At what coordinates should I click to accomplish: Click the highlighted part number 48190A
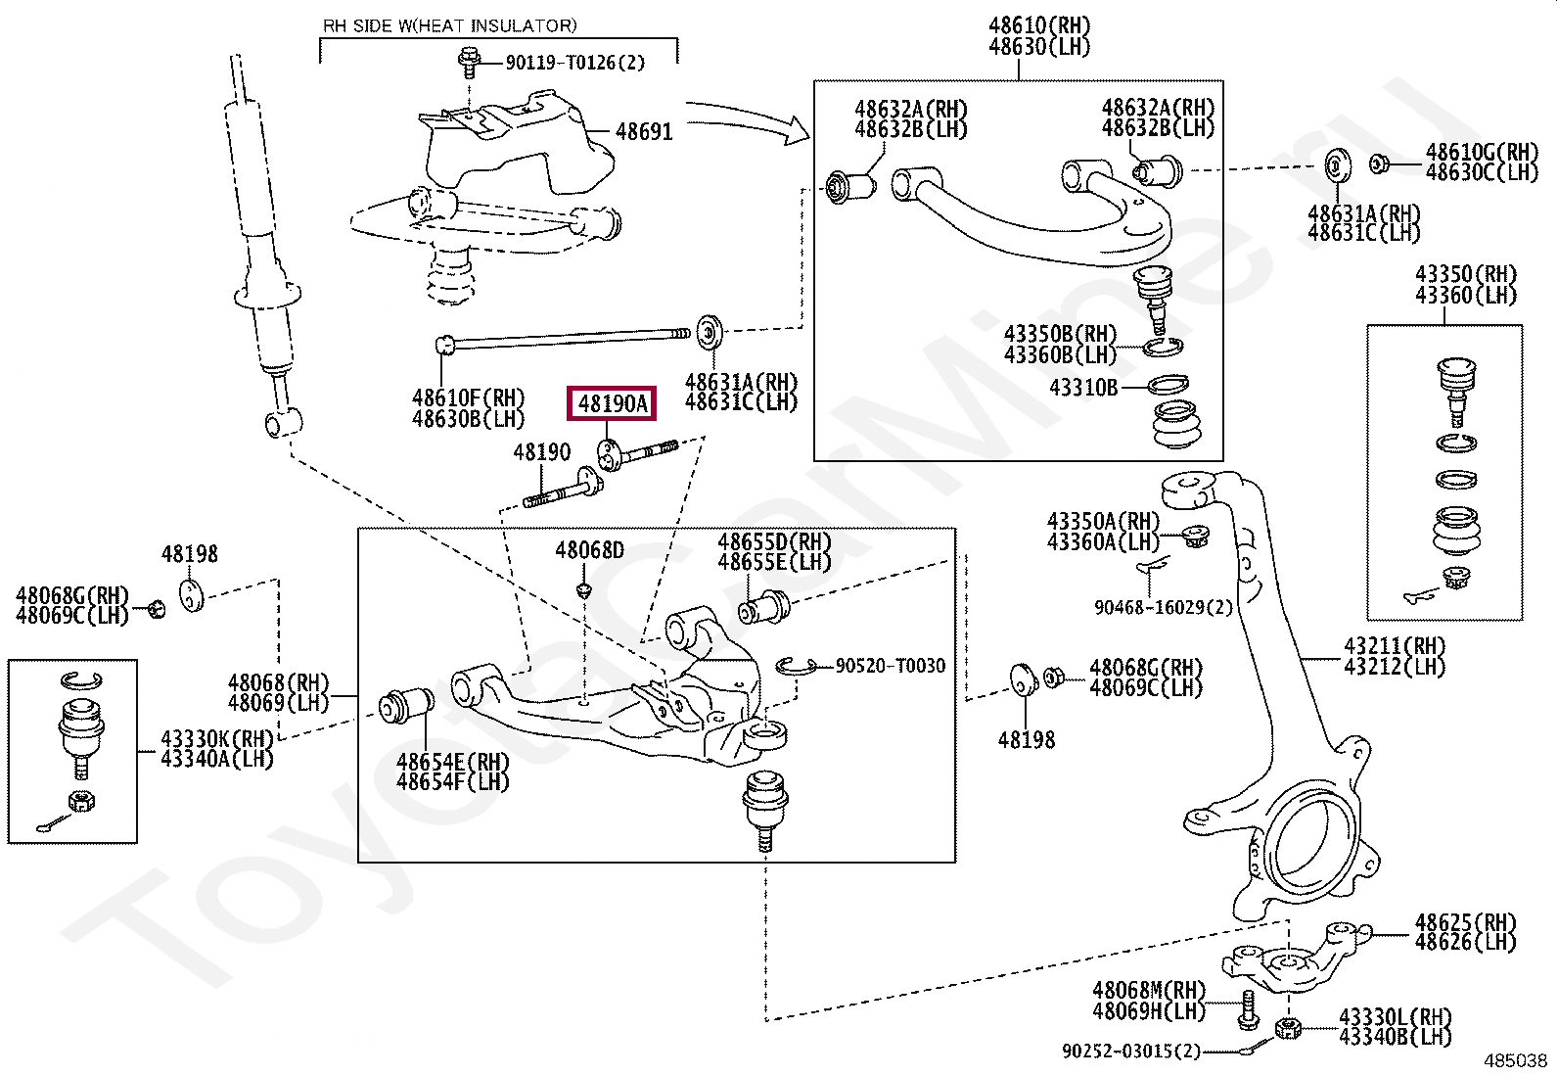pos(612,403)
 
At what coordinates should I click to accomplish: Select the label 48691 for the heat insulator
pos(644,131)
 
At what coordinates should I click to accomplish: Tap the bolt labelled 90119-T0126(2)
pos(470,63)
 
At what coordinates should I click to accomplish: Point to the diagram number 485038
pos(1516,1060)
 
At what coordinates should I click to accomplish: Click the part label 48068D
pos(590,550)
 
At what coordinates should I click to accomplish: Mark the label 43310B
pos(1083,387)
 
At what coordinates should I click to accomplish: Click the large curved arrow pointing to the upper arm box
pos(748,119)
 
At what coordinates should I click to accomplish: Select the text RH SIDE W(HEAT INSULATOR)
pos(450,26)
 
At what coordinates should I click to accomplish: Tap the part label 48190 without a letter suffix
pos(542,452)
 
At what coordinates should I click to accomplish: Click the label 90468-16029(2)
pos(1164,608)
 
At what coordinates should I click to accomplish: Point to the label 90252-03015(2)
pos(1131,1051)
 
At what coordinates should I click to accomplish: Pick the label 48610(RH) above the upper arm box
pos(1040,25)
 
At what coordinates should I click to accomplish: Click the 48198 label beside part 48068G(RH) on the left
pos(189,554)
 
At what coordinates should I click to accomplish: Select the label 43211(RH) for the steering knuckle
pos(1395,646)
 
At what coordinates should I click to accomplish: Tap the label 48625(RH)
pos(1465,923)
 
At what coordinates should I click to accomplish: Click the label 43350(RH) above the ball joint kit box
pos(1466,274)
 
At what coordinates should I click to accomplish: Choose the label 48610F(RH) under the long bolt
pos(469,398)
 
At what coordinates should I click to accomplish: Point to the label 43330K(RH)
pos(217,738)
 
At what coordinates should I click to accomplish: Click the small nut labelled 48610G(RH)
pos(1379,164)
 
